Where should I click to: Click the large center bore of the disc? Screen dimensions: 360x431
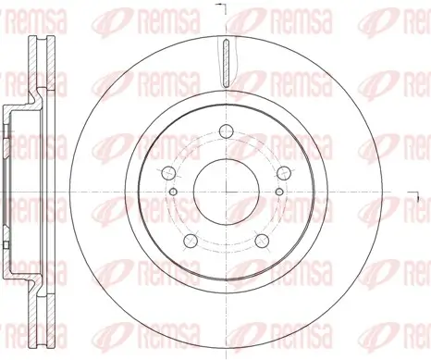225,189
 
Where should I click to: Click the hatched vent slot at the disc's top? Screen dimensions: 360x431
225,63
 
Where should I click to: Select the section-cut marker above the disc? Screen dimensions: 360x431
219,7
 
